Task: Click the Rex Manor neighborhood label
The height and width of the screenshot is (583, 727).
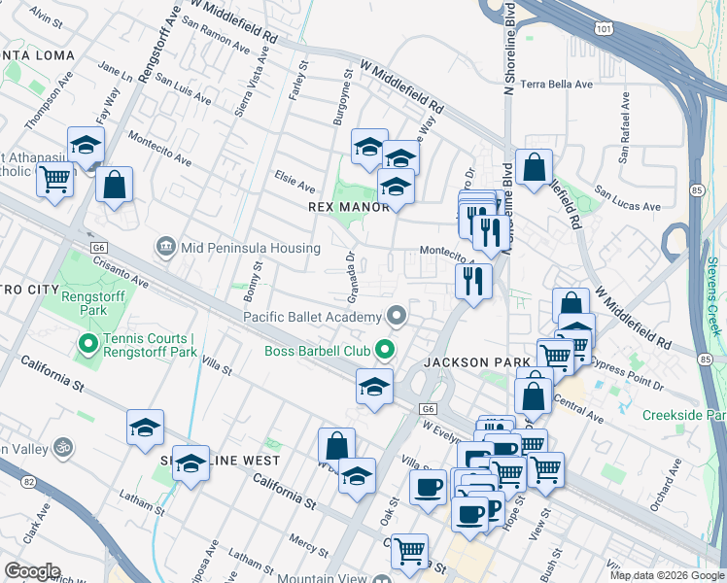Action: click(348, 207)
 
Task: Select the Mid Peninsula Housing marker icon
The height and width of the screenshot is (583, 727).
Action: click(165, 247)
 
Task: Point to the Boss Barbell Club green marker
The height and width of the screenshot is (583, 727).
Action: click(386, 349)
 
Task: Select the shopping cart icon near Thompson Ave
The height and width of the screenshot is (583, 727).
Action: click(54, 178)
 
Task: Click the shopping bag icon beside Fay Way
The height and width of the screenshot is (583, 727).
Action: click(114, 185)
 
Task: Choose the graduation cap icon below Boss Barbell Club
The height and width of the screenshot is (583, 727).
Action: click(374, 386)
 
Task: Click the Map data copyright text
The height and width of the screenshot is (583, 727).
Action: click(666, 575)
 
